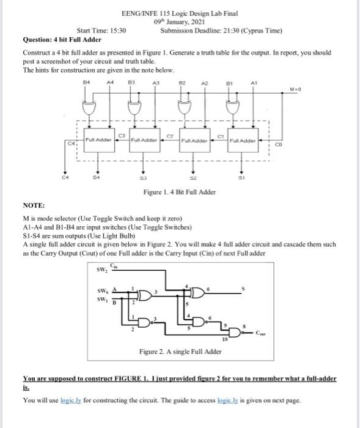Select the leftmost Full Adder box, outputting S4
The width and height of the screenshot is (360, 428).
point(99,140)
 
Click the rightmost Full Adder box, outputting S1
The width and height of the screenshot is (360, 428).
point(242,141)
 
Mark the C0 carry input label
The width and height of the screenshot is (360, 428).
point(278,146)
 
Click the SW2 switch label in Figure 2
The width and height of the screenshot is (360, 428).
point(101,270)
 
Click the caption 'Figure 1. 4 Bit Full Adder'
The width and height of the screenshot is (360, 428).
point(179,192)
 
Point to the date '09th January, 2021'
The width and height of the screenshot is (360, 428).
point(179,21)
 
